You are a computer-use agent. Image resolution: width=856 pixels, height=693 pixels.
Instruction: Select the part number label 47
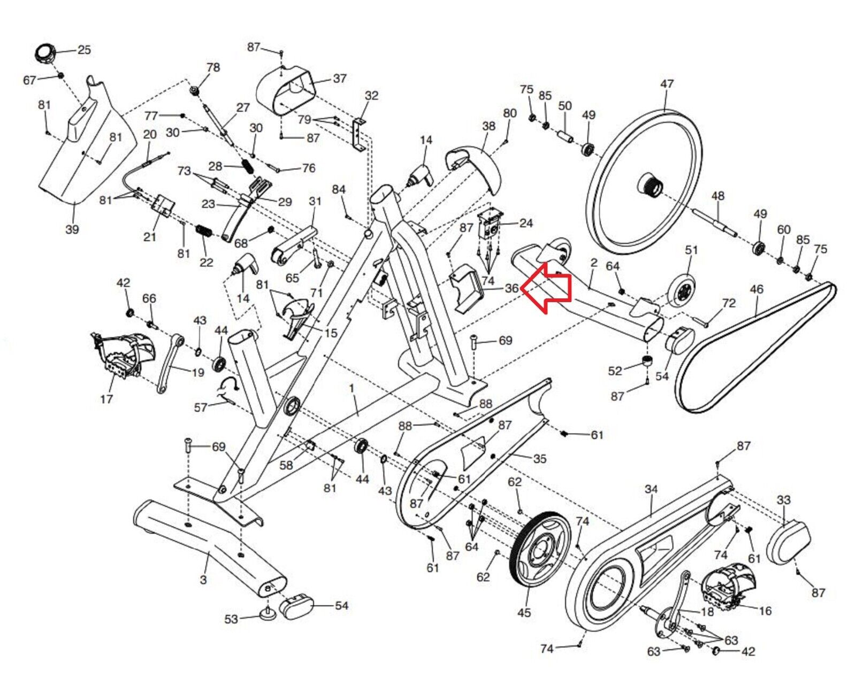click(x=667, y=84)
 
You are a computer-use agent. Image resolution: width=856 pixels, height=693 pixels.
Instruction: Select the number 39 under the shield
click(x=72, y=229)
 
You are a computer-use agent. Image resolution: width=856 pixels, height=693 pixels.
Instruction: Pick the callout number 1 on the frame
click(x=351, y=388)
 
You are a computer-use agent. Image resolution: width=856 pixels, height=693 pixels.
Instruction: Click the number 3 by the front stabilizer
click(x=203, y=580)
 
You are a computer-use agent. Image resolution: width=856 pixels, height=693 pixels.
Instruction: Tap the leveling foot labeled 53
click(x=268, y=612)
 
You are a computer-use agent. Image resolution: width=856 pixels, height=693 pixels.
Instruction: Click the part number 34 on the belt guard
click(x=651, y=489)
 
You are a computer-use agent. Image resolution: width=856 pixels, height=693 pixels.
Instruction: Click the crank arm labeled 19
click(x=168, y=363)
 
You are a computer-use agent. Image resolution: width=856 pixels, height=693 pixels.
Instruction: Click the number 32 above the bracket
click(x=371, y=95)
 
